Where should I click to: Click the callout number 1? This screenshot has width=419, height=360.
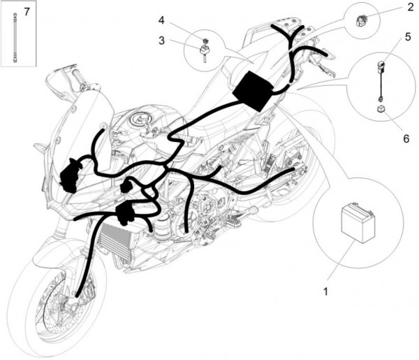tap(325, 291)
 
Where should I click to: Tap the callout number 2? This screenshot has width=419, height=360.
tap(411, 7)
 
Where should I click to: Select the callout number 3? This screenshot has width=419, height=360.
tap(161, 41)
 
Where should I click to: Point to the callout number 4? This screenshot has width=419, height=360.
tap(161, 20)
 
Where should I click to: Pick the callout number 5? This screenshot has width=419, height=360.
tap(408, 37)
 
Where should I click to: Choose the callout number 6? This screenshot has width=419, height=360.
tap(406, 138)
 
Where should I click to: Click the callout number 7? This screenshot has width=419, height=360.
tap(27, 12)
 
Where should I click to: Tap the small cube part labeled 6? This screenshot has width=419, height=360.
tap(381, 110)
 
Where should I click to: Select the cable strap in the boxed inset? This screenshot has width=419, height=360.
tap(15, 38)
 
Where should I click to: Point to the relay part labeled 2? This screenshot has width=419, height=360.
tap(361, 21)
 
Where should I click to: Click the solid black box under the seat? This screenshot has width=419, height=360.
tap(253, 91)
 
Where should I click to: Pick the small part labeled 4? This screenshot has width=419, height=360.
tap(205, 41)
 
